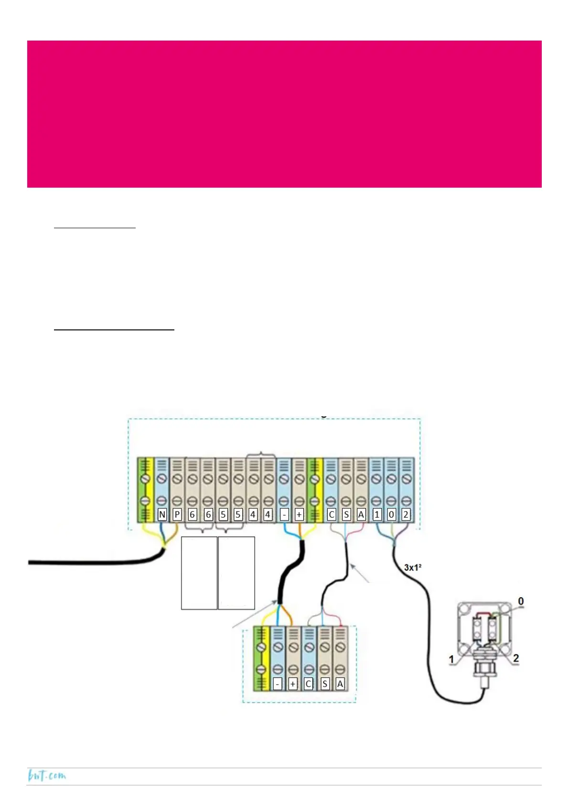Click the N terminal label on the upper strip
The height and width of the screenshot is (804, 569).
coord(162,515)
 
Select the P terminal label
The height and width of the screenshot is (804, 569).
coord(177,515)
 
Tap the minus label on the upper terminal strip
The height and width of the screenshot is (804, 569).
coord(284,515)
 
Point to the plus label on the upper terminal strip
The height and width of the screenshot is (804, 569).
coord(299,515)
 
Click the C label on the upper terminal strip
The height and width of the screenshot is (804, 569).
coord(332,515)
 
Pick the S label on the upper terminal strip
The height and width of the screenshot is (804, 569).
coord(346,515)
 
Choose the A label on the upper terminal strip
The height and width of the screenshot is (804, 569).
coord(361,515)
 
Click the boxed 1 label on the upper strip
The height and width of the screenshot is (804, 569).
coord(377,515)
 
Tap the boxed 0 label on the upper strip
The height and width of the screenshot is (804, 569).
coord(391,515)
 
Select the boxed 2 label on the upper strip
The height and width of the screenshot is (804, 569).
coord(406,515)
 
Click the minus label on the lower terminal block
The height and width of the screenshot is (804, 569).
coord(278,684)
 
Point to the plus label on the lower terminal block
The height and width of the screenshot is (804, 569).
coord(293,684)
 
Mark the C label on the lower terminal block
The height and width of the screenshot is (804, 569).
coord(308,684)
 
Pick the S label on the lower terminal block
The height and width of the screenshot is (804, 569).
coord(325,684)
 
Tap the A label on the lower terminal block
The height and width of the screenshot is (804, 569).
coord(340,684)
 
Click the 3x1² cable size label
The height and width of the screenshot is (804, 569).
coord(413,568)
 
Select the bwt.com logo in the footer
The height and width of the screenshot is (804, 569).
coord(47,775)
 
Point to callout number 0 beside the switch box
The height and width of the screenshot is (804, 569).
coord(521,602)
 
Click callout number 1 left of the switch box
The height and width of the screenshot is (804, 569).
coord(451,659)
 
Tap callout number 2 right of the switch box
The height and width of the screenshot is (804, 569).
coord(516,658)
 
